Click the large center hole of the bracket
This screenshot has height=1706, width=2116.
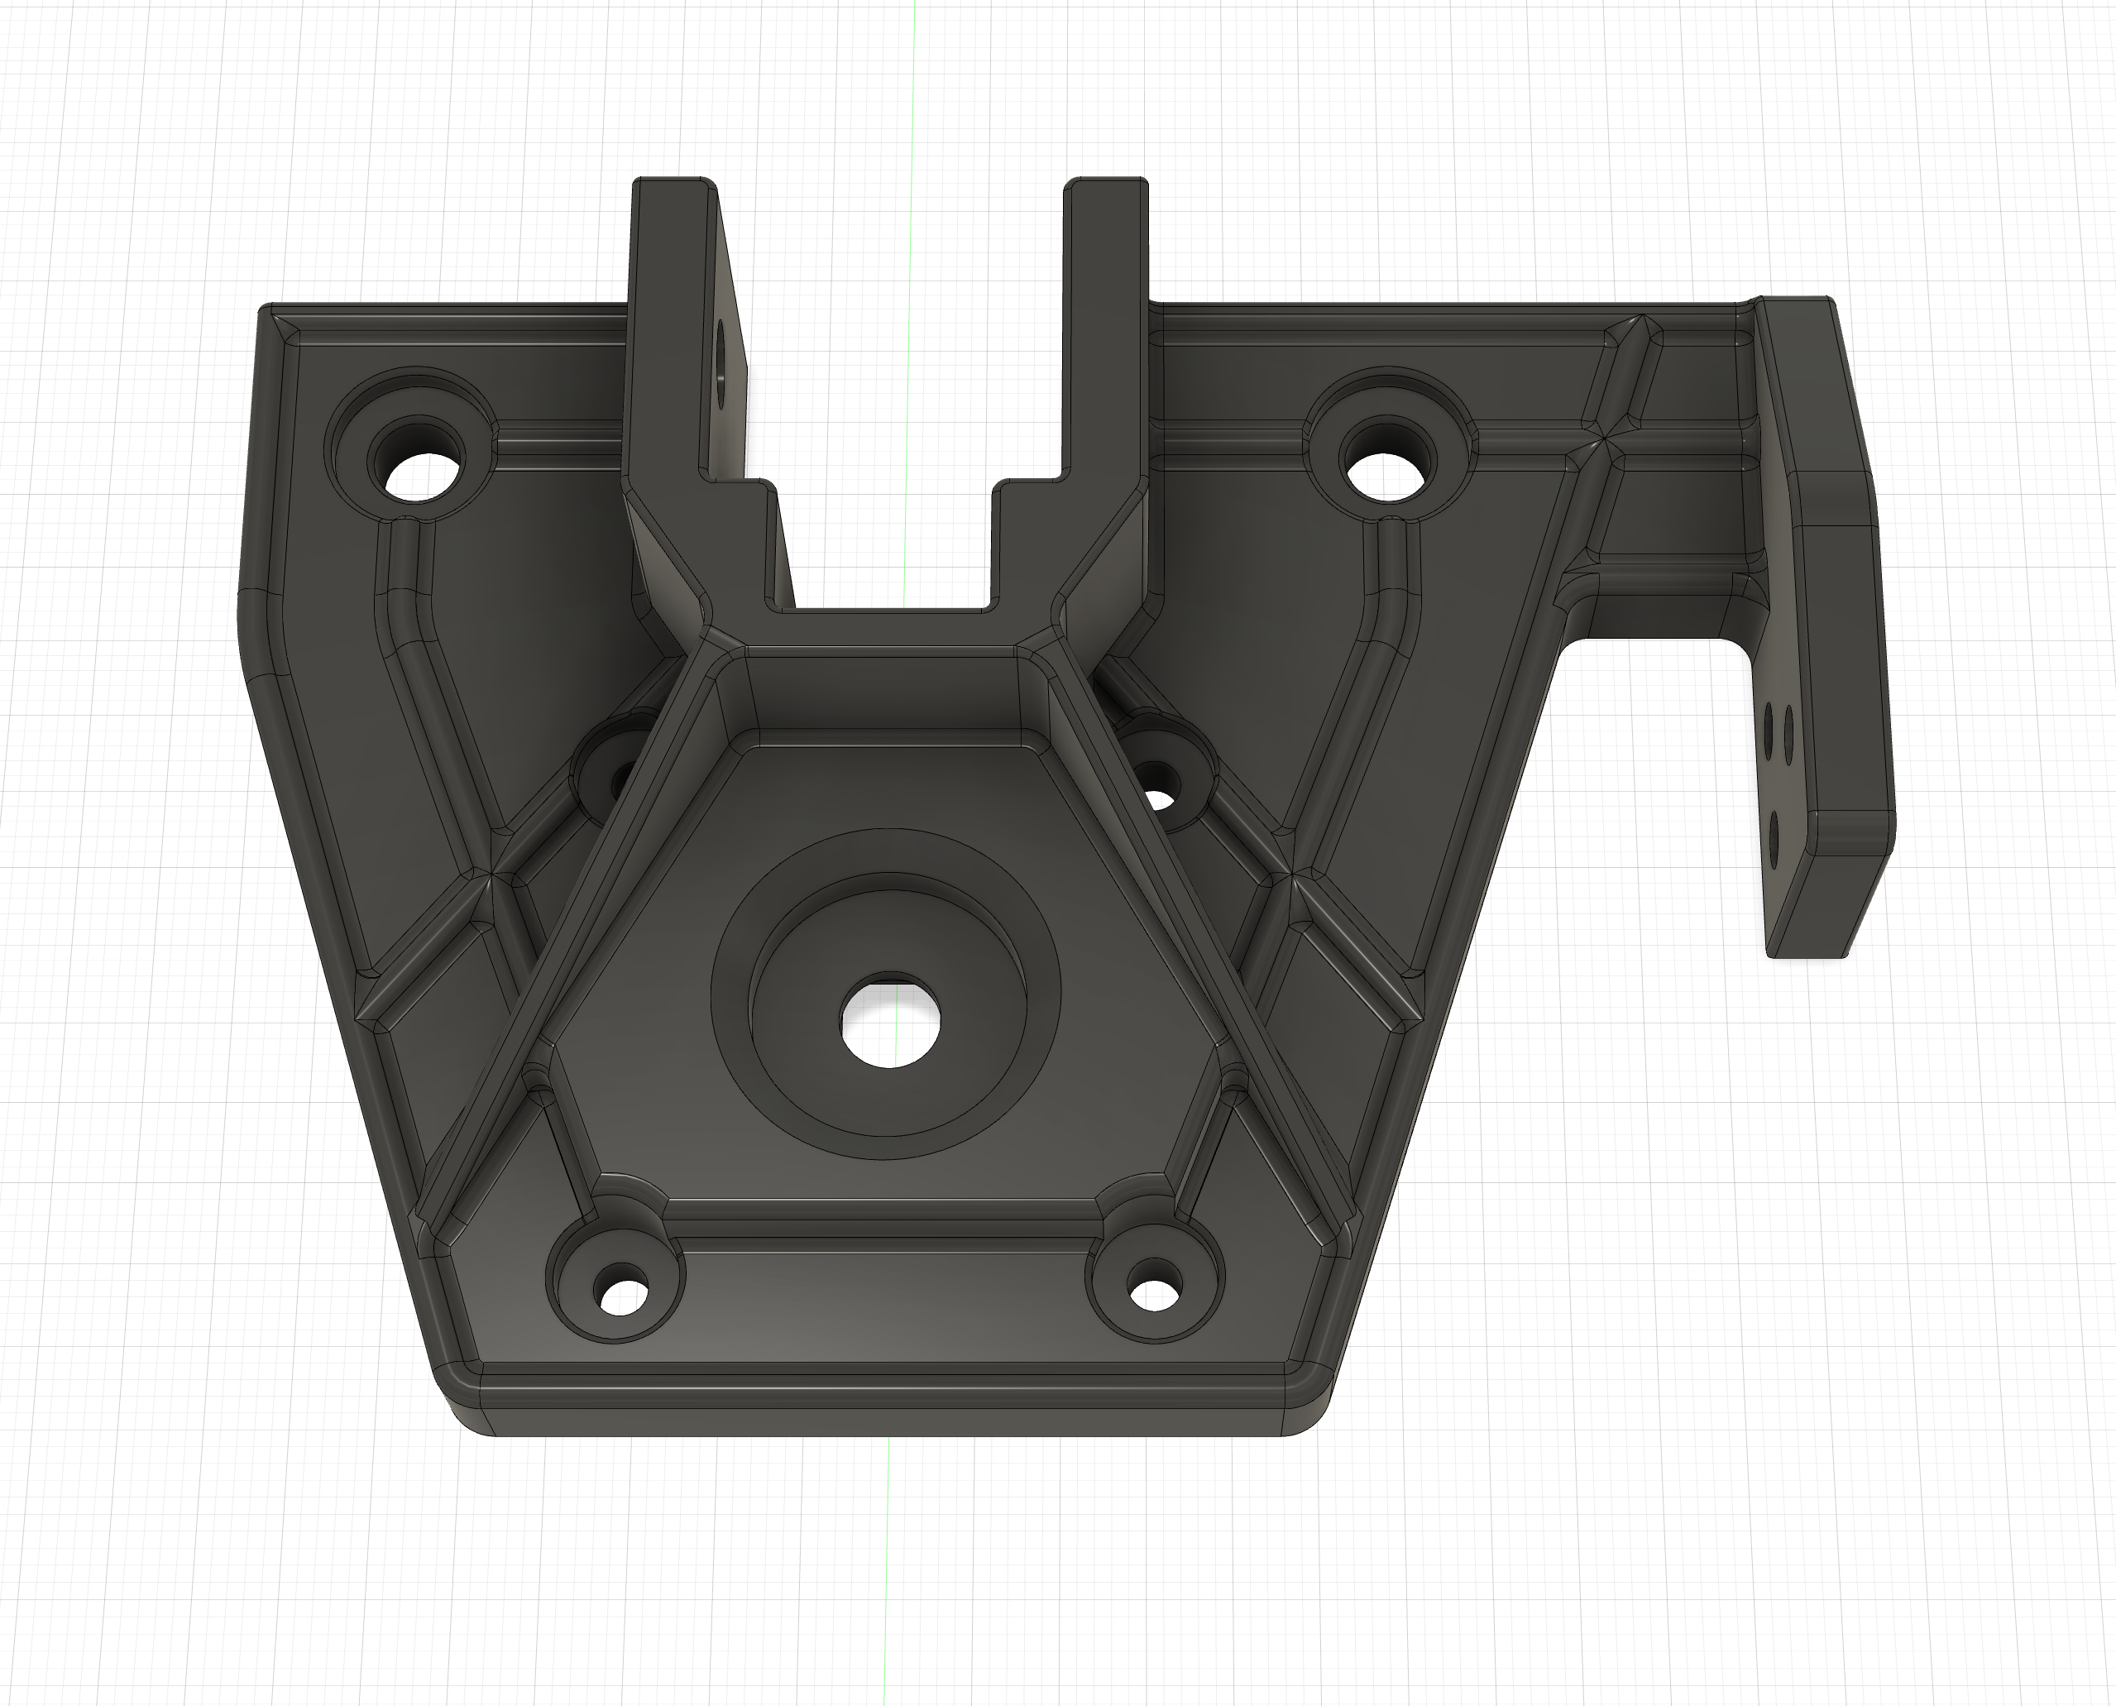click(890, 1020)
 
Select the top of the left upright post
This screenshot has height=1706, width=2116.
click(674, 184)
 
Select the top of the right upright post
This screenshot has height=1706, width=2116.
click(1107, 184)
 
